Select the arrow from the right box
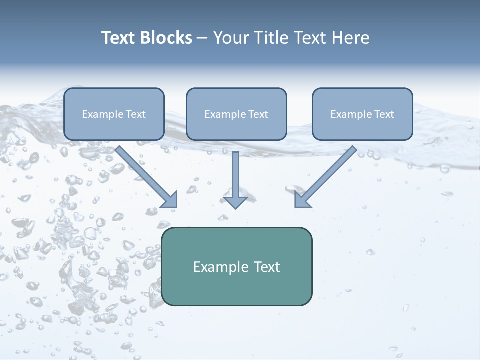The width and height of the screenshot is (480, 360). [x=327, y=175]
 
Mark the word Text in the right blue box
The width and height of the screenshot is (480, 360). [x=384, y=114]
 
